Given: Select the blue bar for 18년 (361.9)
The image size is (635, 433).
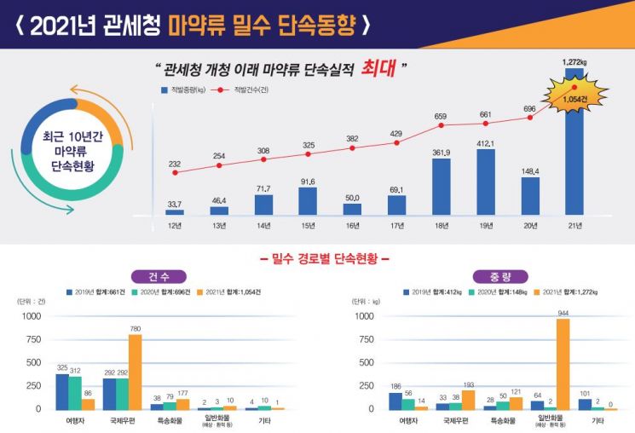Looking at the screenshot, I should [x=441, y=186].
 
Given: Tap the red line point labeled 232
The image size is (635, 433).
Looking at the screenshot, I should [x=175, y=172].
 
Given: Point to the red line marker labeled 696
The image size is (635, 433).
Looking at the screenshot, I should [x=529, y=118].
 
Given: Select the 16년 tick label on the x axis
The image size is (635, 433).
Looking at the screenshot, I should [x=352, y=227].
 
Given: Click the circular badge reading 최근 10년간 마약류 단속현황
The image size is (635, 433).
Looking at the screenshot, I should [x=73, y=150].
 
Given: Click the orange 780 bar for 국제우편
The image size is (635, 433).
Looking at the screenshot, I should [x=135, y=372].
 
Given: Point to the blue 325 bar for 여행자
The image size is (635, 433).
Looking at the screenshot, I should [x=62, y=391].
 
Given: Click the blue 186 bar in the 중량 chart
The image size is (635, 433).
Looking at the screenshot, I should [x=395, y=401].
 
